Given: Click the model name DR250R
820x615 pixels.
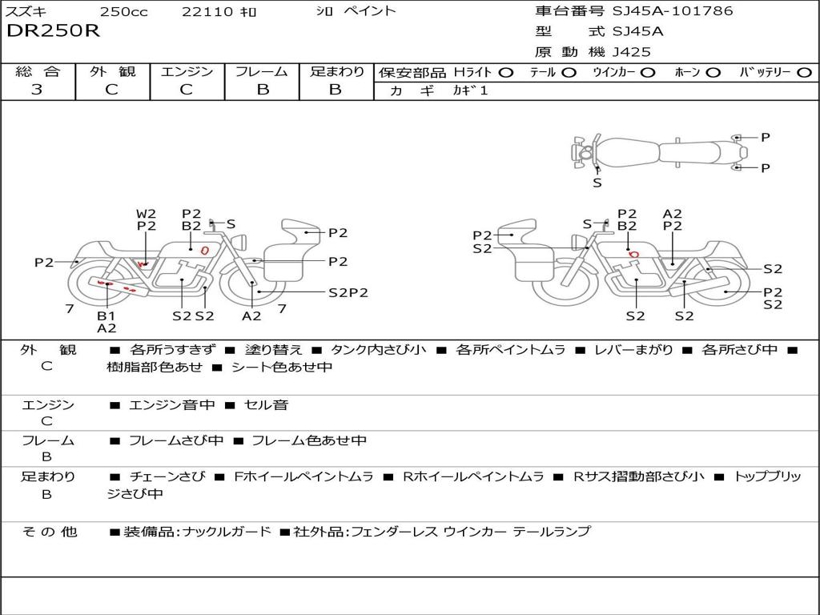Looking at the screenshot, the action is [53, 31].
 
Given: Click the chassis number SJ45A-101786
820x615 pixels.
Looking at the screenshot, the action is [673, 10].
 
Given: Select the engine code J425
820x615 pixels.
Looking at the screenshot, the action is [631, 52].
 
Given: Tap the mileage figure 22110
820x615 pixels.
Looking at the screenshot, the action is [203, 11].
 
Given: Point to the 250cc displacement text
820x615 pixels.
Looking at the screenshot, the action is [123, 11].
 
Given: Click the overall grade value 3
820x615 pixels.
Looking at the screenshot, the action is [37, 89].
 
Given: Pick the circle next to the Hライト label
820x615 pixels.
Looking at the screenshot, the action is [506, 73].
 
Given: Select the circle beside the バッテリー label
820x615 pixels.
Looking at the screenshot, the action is [805, 73].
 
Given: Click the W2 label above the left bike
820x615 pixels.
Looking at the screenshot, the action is [147, 214].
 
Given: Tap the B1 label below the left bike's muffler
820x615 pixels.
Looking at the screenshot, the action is [107, 316].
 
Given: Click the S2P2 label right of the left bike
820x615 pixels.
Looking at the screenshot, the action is [348, 293].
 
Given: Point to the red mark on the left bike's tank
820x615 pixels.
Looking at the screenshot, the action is [205, 251].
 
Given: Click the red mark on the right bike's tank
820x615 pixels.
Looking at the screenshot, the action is [633, 254].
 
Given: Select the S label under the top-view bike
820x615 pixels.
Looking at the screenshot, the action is [597, 183].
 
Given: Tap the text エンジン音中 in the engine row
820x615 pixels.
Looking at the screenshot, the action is [171, 404].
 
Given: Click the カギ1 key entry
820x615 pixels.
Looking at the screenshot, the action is [470, 90].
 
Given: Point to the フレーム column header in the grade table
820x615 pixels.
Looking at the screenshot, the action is [262, 71].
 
